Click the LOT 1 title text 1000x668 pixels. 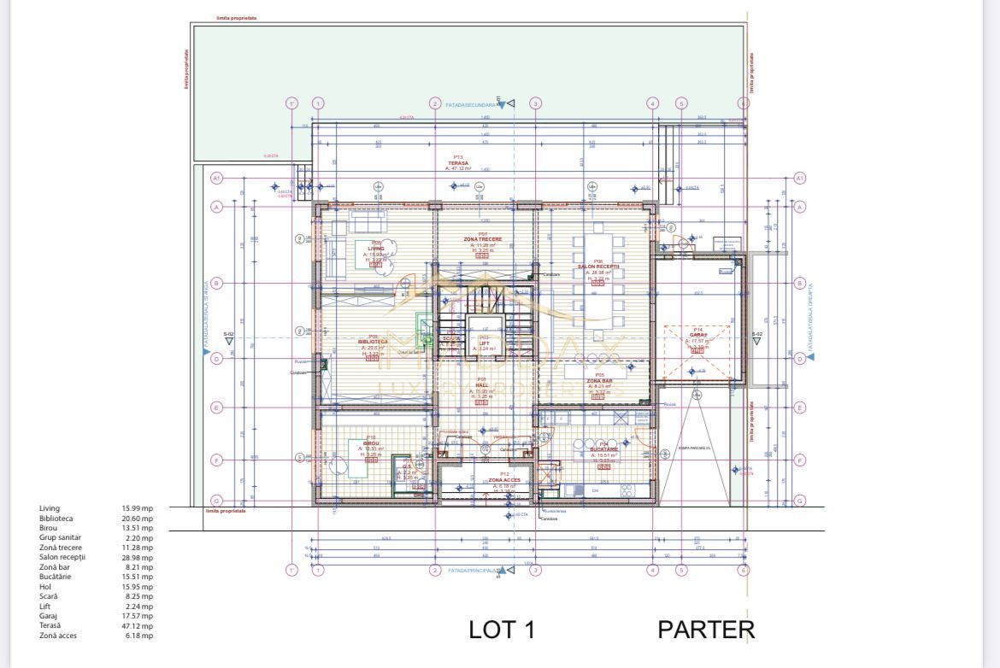(502, 630)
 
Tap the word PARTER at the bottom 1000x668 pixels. (706, 630)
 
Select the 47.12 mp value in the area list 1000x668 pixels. (137, 626)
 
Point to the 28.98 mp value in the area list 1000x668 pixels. (137, 558)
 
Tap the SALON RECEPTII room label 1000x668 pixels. (597, 267)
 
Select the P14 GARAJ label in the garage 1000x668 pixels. (698, 333)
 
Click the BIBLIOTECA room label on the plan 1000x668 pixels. (373, 341)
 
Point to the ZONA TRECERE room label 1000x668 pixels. (483, 239)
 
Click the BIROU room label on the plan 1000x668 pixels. (371, 443)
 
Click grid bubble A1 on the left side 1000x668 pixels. (216, 178)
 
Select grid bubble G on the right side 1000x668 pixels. (800, 501)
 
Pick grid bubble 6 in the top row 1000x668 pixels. (744, 103)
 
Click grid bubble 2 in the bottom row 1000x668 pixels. (435, 570)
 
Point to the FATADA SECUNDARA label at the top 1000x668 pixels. (470, 103)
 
